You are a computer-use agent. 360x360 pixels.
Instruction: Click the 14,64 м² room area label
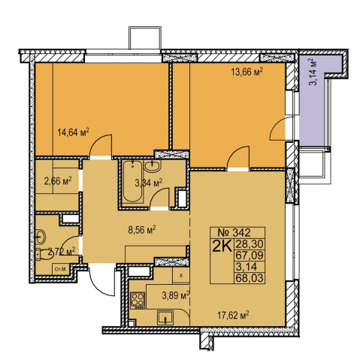74,132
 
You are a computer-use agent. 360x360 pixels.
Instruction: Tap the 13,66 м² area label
247,72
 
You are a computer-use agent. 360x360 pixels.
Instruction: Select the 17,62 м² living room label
233,314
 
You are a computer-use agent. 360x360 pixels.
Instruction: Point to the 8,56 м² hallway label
142,229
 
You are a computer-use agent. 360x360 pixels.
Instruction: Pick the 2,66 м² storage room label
58,180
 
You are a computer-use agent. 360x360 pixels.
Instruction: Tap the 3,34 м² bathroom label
149,183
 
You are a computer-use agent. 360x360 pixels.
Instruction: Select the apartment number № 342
234,233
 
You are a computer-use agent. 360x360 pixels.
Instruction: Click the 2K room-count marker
222,246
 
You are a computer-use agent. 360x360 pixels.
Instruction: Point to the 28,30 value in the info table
249,244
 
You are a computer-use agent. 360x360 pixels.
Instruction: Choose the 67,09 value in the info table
249,256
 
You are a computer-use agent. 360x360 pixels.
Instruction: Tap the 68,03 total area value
249,278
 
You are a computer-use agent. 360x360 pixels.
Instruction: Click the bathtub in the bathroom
133,181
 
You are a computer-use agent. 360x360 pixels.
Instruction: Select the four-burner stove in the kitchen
138,300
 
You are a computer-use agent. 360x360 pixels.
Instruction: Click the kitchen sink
165,318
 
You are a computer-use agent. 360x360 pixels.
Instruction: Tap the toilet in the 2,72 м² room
41,254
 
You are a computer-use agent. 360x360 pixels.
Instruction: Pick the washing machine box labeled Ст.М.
60,269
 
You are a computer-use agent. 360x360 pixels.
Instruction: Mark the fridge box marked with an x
181,275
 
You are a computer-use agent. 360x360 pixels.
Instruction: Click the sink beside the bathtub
152,166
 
